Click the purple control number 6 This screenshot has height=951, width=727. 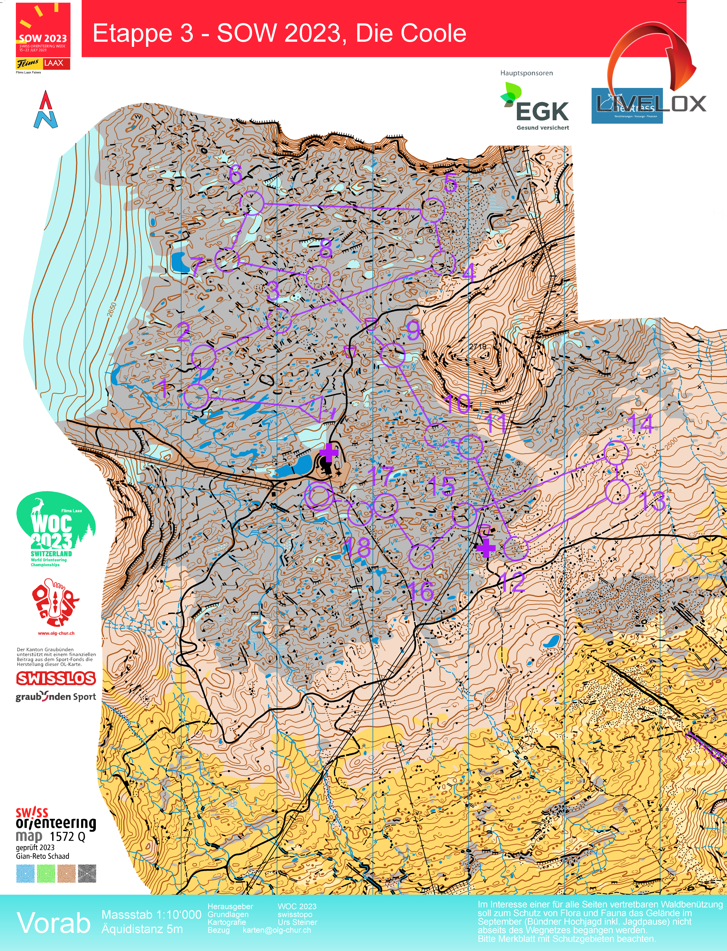click(235, 174)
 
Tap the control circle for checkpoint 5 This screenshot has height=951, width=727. click(433, 210)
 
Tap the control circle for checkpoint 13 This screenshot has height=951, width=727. click(617, 491)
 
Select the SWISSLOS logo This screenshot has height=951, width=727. click(56, 678)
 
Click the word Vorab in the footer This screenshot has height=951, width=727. click(53, 922)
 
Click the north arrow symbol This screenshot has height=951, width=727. click(46, 110)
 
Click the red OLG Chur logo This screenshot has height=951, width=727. click(55, 604)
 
